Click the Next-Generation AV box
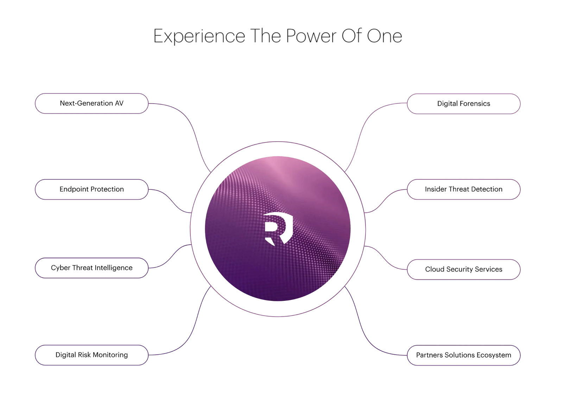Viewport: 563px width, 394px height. pos(91,103)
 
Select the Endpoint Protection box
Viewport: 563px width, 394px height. pos(91,189)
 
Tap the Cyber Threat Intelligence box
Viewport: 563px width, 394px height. pos(91,268)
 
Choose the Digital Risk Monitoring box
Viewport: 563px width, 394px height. pos(91,355)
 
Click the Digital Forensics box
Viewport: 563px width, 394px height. pos(464,104)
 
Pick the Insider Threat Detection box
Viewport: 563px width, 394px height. pos(464,189)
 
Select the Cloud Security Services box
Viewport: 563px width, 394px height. pos(464,270)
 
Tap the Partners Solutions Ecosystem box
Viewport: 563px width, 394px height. pos(464,355)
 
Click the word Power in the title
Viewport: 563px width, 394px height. pos(311,36)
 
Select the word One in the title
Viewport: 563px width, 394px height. pos(385,36)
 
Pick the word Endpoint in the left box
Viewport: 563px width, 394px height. pos(74,189)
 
